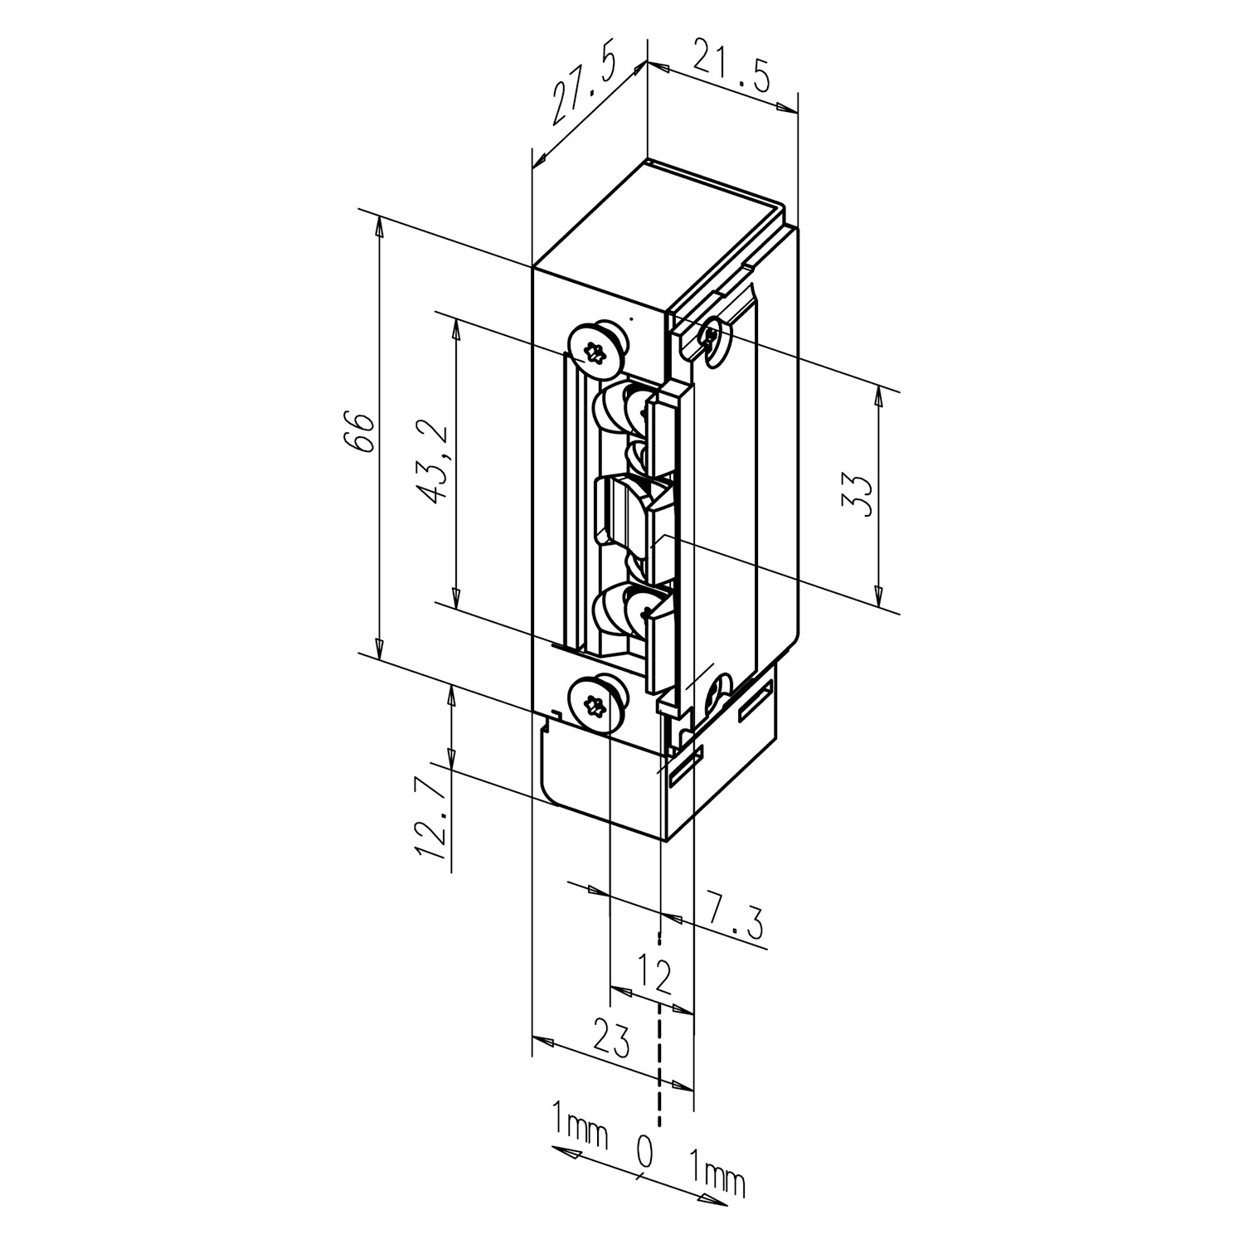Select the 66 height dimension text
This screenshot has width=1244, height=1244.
point(362,432)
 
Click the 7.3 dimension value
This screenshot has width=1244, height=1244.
point(734,914)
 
